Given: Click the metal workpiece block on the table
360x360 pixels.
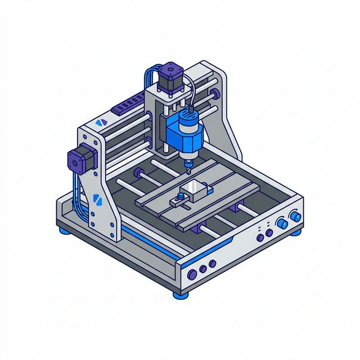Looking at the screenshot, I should pyautogui.click(x=195, y=191).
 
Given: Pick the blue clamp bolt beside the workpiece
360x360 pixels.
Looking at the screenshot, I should pyautogui.click(x=179, y=197).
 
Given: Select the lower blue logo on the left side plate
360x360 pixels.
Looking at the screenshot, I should pyautogui.click(x=95, y=198).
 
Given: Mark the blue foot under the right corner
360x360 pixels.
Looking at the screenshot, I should pyautogui.click(x=296, y=231).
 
